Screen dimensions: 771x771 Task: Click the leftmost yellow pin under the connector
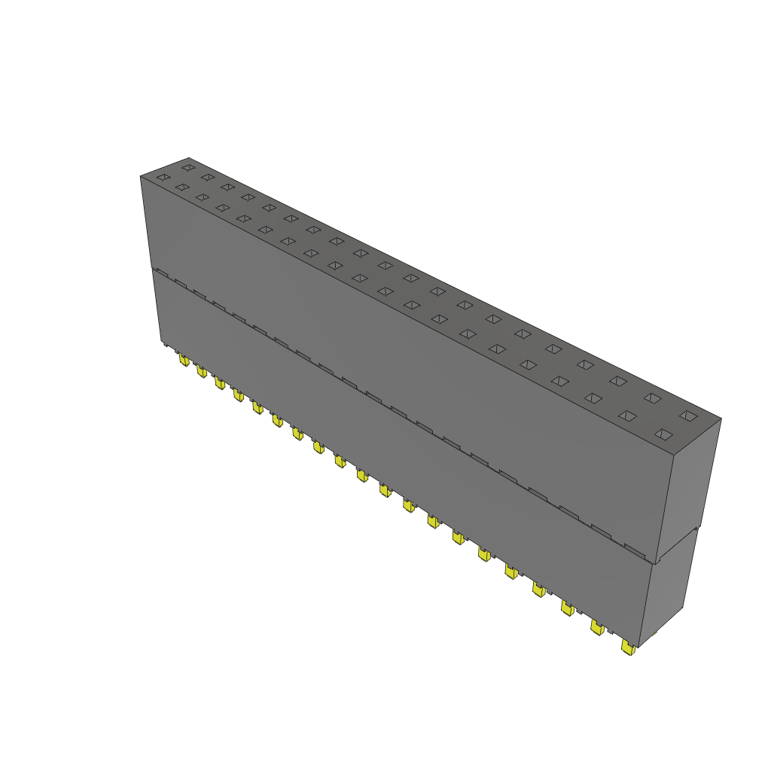[184, 361]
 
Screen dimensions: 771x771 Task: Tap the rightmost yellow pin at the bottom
[627, 647]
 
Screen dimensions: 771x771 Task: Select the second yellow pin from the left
[201, 371]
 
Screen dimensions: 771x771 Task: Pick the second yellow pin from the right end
[597, 627]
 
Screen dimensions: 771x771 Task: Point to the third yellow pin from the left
[219, 383]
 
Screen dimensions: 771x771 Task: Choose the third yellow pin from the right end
[568, 608]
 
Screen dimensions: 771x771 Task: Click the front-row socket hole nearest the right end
[663, 434]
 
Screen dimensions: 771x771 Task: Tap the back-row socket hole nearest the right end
[688, 415]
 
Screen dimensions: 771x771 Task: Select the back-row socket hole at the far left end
[187, 167]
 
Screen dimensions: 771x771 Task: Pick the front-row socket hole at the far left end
[163, 177]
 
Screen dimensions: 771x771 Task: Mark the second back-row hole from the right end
[652, 398]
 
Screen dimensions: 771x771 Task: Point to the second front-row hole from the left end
[182, 187]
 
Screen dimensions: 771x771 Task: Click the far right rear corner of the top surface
[721, 419]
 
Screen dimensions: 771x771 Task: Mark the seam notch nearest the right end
[635, 548]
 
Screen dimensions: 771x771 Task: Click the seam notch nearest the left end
[161, 272]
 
